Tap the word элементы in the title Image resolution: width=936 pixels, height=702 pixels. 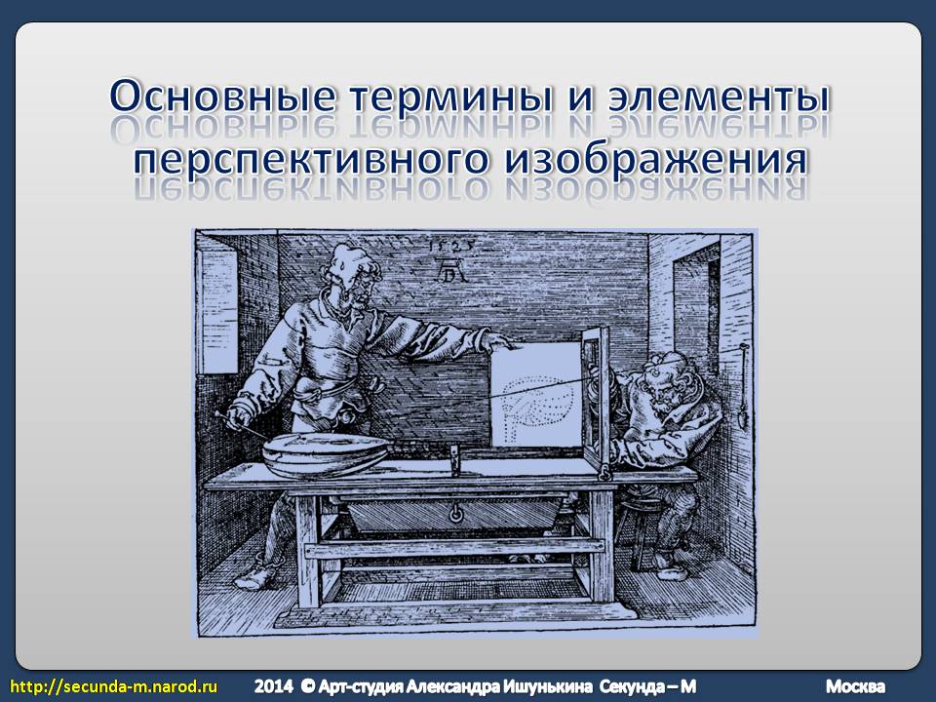click(720, 97)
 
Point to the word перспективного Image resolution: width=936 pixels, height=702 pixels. click(310, 159)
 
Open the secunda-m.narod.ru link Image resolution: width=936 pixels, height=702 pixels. click(114, 685)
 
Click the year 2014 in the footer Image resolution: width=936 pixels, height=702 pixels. click(273, 685)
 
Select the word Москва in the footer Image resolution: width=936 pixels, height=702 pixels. click(856, 686)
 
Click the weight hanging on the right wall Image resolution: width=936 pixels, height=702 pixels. click(744, 411)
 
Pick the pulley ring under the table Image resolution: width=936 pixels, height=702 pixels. click(455, 513)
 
